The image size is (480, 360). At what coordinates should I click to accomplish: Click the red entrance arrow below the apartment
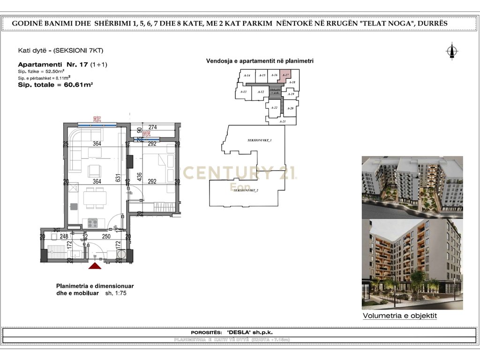point(95,266)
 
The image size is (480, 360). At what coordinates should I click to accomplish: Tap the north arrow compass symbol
point(452,51)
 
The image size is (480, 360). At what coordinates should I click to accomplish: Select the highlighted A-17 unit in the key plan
point(285,75)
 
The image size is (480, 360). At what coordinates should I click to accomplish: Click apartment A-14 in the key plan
point(247,75)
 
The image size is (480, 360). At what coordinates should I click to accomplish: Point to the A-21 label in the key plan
point(282,121)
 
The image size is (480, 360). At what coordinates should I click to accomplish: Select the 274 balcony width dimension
point(152,127)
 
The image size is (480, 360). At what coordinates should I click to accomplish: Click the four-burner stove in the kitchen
point(92,223)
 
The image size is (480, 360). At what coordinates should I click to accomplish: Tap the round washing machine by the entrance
point(122,254)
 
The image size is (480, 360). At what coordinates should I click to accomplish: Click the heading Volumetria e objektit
point(400,316)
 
